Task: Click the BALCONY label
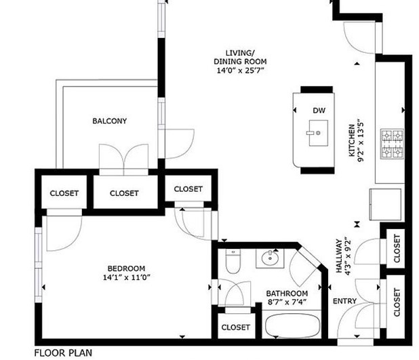[110, 121]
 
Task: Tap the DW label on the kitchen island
[319, 111]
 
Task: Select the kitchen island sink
[318, 133]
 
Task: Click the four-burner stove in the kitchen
[392, 144]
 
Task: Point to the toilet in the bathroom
[233, 261]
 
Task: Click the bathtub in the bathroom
[293, 325]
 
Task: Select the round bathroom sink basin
[270, 258]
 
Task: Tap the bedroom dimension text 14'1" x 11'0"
[127, 277]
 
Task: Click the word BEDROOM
[126, 268]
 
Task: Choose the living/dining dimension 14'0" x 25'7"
[240, 71]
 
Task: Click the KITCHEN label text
[352, 140]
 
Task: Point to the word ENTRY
[344, 301]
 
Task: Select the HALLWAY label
[339, 256]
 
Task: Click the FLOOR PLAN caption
[63, 353]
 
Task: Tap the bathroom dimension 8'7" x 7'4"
[287, 302]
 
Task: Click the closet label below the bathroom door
[236, 327]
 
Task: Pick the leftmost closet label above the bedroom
[64, 193]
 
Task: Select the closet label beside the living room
[188, 189]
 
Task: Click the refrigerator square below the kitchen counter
[385, 205]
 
